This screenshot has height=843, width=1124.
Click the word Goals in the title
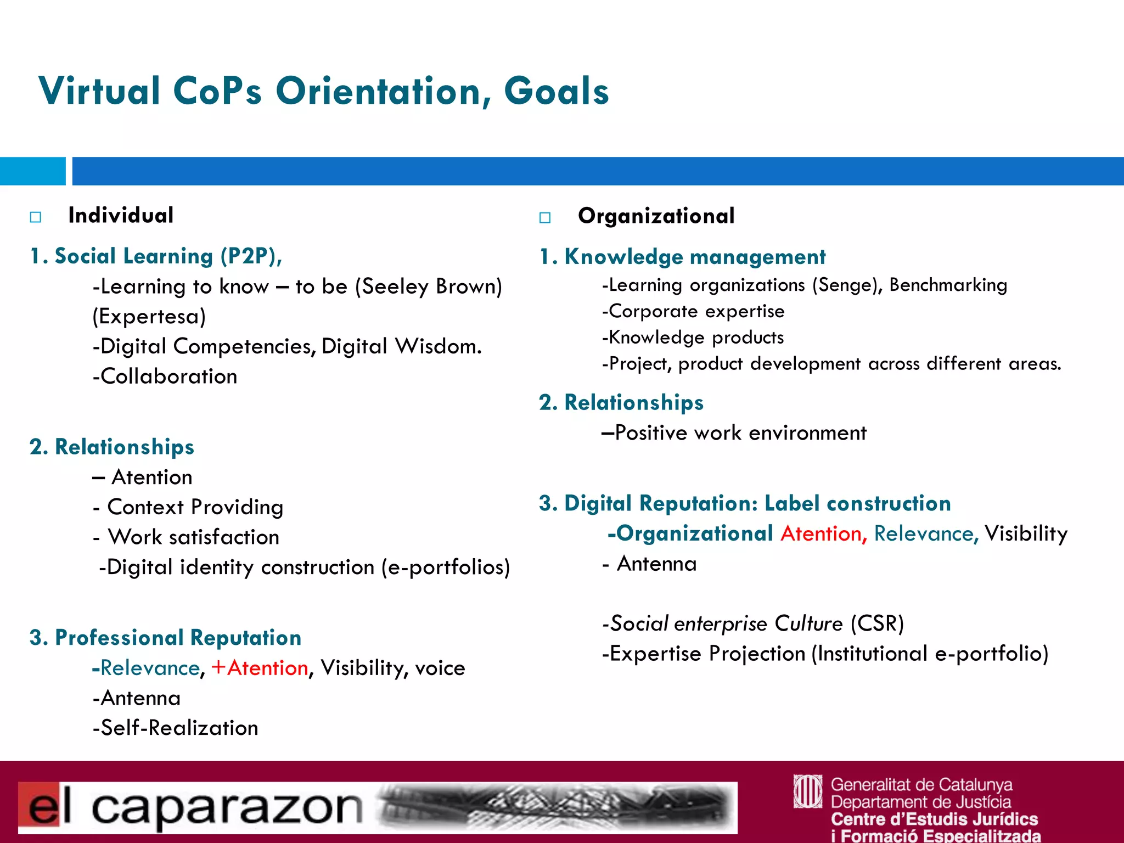556,91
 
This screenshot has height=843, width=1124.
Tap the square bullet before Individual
36,217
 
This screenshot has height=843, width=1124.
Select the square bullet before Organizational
545,217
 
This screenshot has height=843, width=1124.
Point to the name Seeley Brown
428,286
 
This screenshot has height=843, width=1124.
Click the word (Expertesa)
149,317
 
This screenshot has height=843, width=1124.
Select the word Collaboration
168,376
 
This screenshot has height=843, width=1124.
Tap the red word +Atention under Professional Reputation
260,668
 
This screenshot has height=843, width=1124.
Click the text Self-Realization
179,728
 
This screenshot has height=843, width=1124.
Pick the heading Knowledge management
694,257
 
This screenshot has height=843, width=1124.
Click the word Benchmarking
948,285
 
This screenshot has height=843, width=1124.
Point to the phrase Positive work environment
740,433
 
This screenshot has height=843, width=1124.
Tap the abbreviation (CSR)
877,623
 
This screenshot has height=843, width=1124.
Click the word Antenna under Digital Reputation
656,564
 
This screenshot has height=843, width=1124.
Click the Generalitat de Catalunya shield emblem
808,791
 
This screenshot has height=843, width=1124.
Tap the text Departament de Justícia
921,802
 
